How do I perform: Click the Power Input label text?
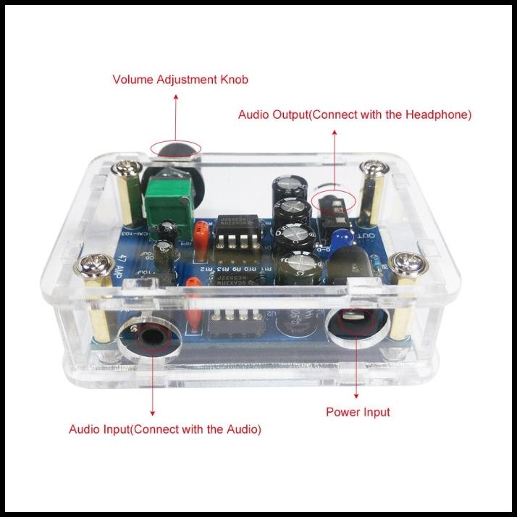click(358, 412)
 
